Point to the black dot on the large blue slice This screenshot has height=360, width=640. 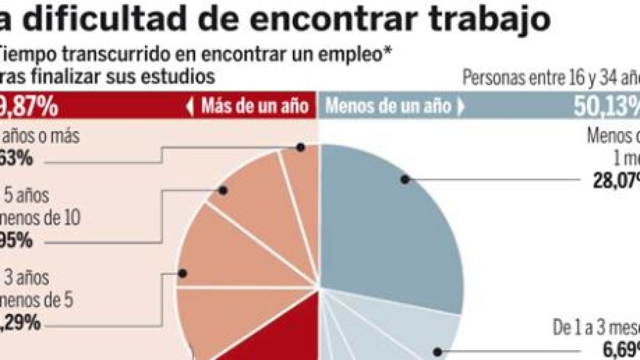tap(405, 180)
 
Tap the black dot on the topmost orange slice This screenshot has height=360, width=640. tap(301, 148)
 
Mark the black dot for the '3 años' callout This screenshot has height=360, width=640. tap(183, 273)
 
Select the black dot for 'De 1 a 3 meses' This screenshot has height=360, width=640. tap(437, 351)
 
